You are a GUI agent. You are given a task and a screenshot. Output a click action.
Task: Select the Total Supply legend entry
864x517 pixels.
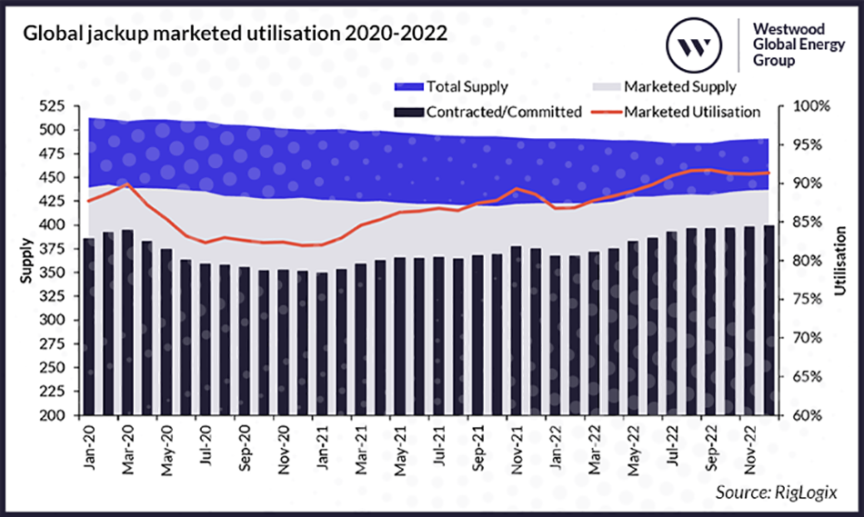click(x=451, y=87)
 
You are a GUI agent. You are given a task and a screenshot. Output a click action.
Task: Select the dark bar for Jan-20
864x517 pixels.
click(x=88, y=327)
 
